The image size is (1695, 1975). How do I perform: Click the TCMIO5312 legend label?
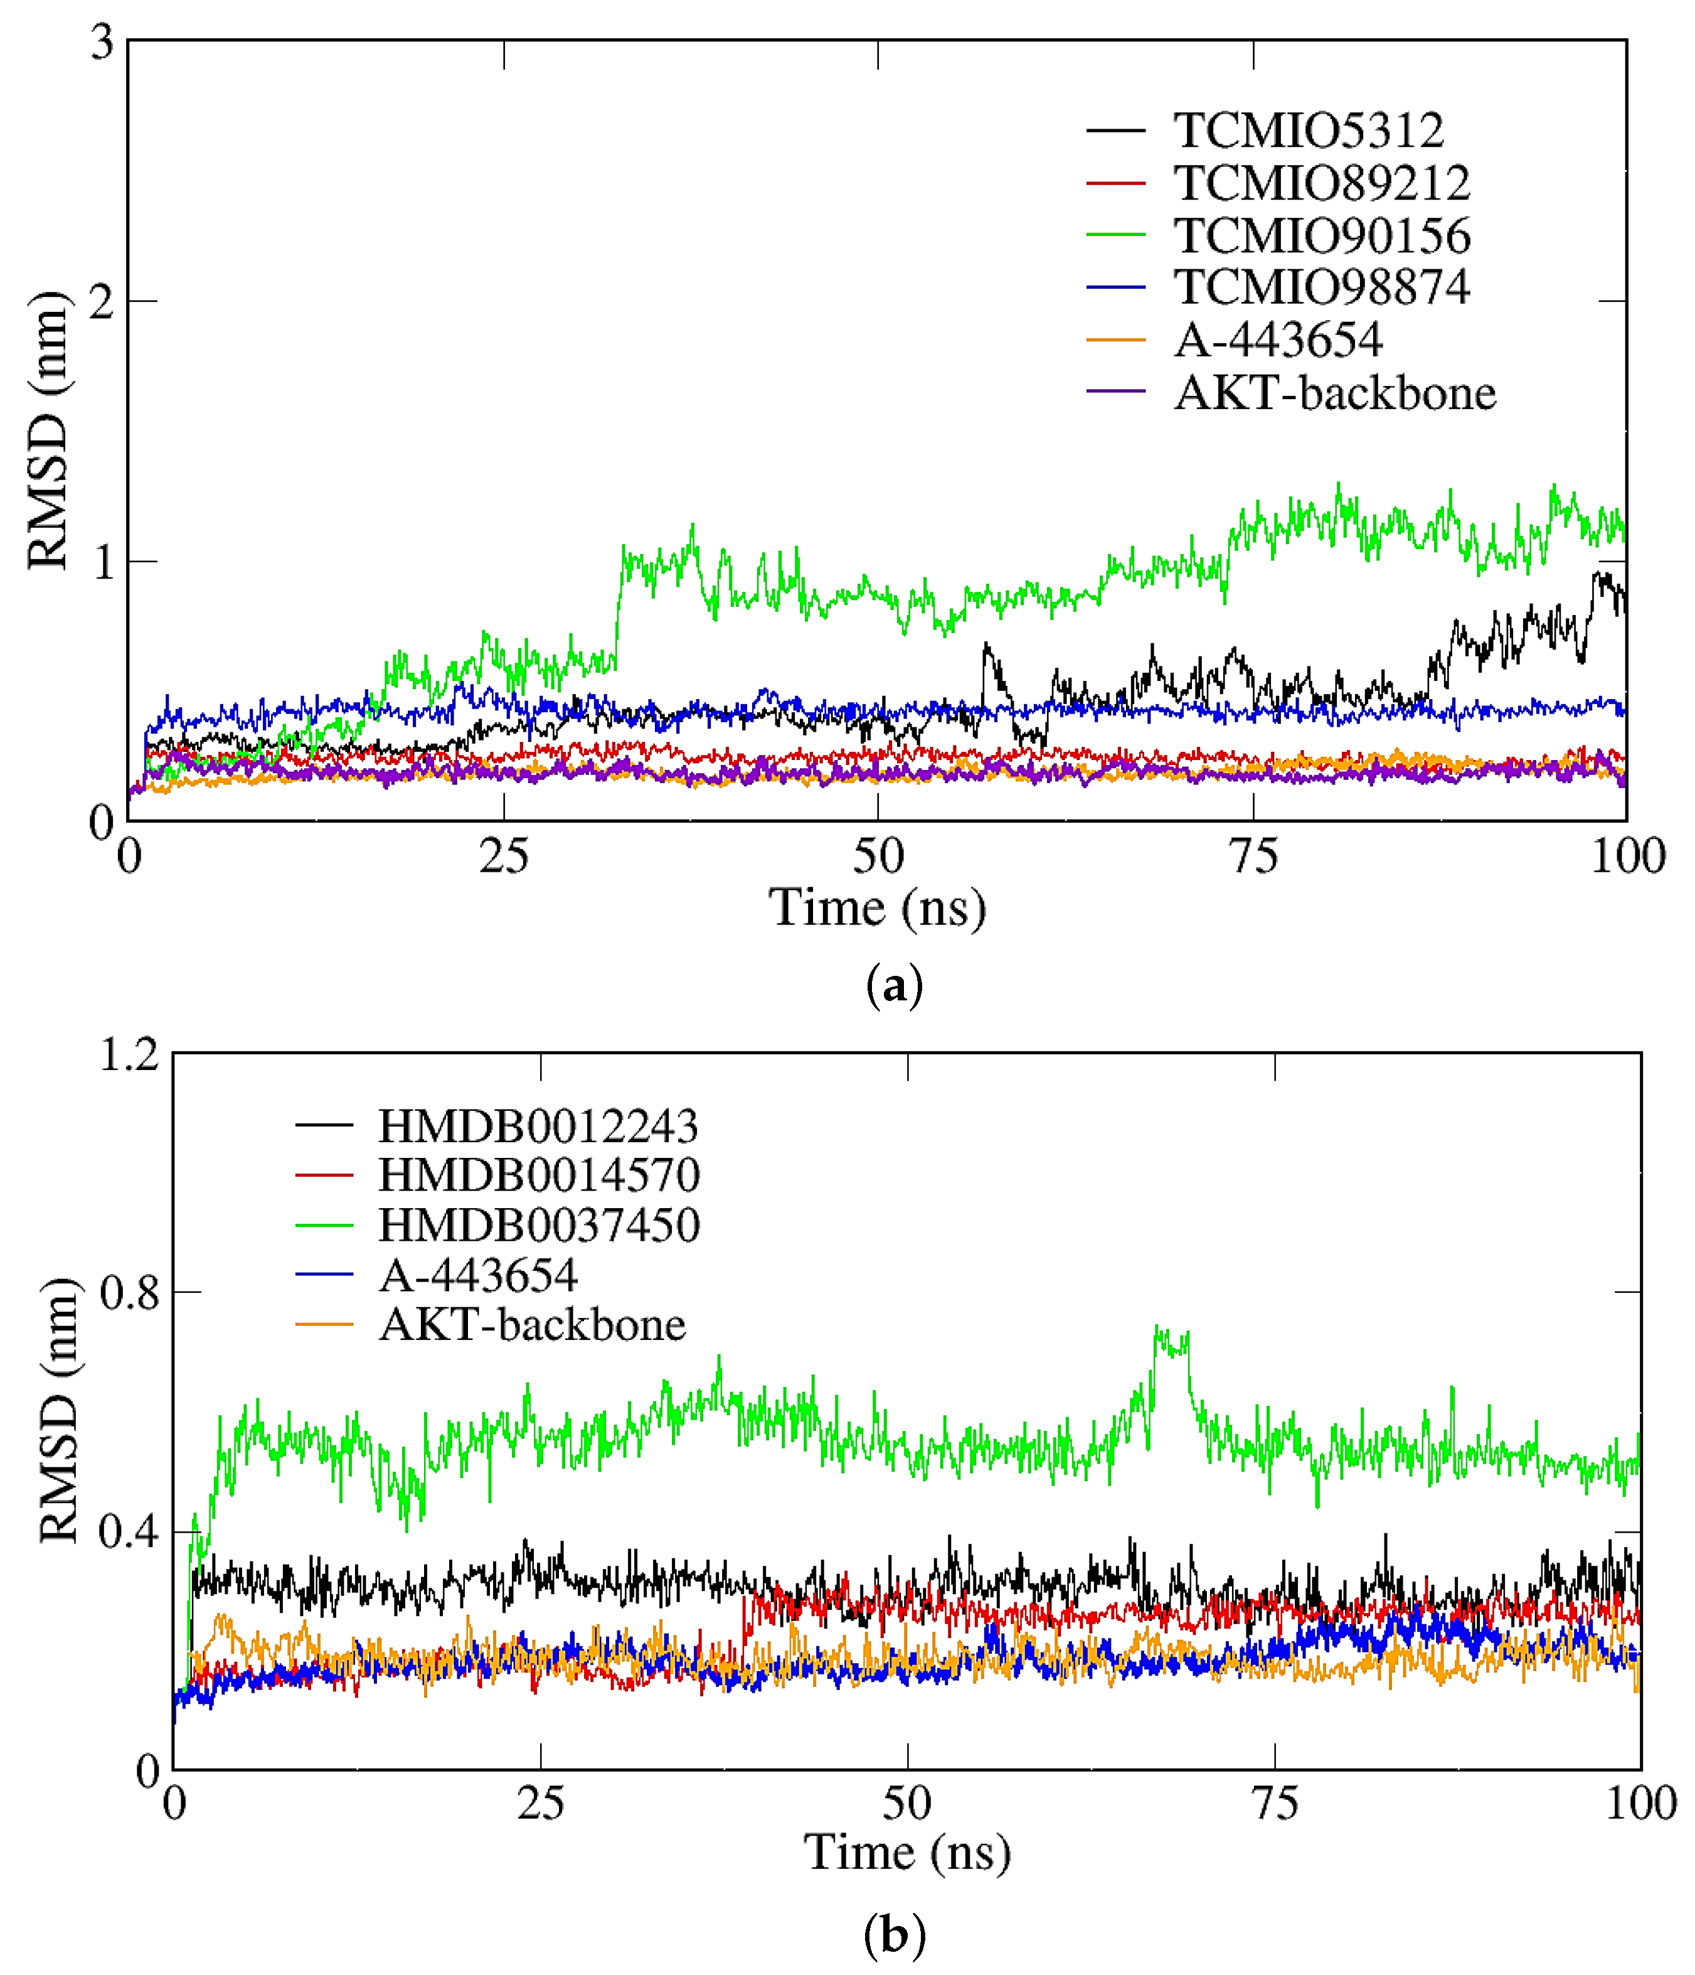[x=1307, y=131]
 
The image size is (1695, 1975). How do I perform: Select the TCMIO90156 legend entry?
[x=1322, y=235]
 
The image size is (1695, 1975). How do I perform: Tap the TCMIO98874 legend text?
[x=1322, y=287]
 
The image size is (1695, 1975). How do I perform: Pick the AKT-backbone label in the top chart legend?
[x=1335, y=393]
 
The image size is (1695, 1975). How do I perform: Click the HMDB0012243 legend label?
[x=538, y=1127]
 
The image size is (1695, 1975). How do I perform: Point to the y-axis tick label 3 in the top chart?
[x=101, y=43]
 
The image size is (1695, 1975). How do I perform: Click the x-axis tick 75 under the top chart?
[x=1253, y=857]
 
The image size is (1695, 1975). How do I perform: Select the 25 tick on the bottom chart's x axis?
[x=540, y=1804]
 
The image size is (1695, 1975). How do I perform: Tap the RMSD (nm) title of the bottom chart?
[x=59, y=1411]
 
